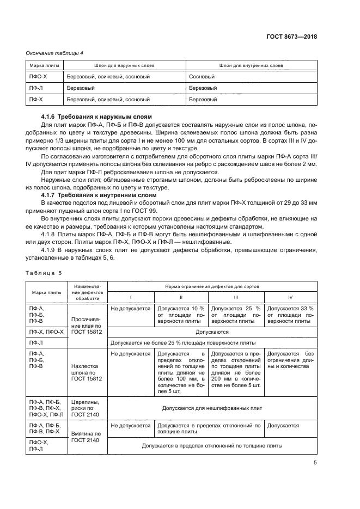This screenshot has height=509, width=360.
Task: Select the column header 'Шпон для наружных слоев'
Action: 124,65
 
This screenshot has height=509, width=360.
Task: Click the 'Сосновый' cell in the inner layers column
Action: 202,77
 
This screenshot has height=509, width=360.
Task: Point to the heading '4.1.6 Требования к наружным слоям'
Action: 96,117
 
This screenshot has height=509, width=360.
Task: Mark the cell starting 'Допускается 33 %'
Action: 290,315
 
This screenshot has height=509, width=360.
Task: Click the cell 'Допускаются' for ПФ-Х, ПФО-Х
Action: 212,332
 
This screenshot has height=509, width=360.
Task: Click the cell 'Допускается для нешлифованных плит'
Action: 212,407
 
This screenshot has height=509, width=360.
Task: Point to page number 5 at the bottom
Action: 315,463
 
